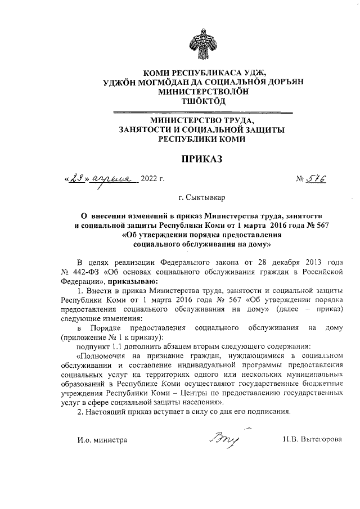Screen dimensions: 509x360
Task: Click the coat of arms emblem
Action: [201, 47]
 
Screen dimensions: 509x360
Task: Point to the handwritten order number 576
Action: [318, 179]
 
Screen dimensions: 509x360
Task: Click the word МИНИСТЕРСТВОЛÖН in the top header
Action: [200, 91]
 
